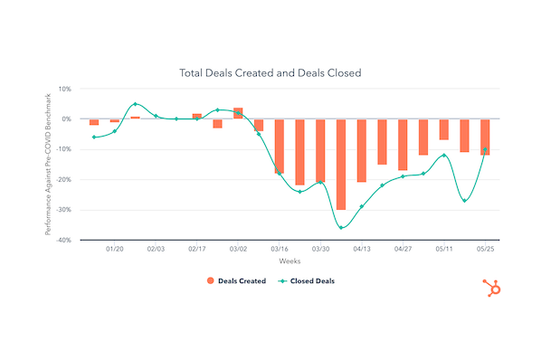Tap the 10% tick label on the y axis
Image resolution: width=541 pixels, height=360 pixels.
(x=64, y=89)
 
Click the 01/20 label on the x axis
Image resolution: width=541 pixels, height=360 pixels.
(x=114, y=248)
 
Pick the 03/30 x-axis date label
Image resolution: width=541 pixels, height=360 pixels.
(x=320, y=248)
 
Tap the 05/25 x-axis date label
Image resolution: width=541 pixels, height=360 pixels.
(x=485, y=248)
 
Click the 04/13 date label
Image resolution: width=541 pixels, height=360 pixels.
(x=362, y=248)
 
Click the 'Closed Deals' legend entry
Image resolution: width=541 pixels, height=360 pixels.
(x=306, y=281)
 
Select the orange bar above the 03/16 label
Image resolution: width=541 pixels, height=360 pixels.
(x=280, y=146)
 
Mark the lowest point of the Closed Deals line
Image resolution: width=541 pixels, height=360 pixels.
(x=341, y=227)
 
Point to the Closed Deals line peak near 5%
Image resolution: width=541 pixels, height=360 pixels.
(x=135, y=104)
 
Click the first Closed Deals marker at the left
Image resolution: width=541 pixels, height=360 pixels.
(x=93, y=137)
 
